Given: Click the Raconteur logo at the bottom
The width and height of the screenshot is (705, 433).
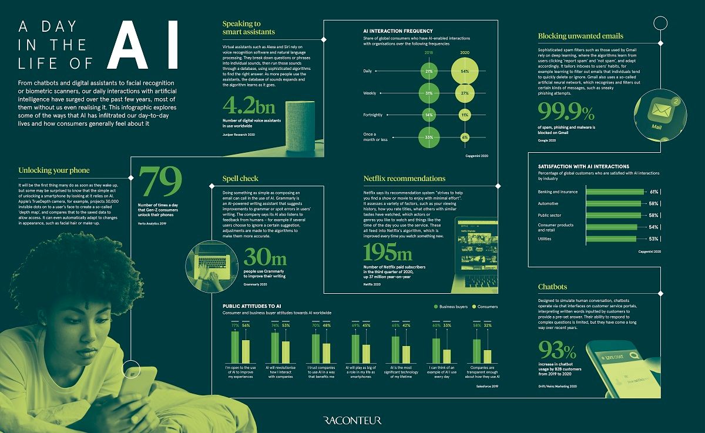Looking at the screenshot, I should click(x=352, y=420).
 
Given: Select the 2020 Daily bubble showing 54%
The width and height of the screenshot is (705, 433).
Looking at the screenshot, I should click(x=464, y=71).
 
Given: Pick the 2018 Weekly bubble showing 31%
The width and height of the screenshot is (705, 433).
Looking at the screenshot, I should click(x=429, y=93).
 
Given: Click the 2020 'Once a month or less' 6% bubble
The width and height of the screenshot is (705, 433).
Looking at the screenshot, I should click(x=464, y=137).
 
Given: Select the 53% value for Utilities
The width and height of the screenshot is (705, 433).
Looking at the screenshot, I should click(x=653, y=239).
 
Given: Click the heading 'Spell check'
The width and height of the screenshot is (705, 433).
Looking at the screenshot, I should click(x=240, y=178).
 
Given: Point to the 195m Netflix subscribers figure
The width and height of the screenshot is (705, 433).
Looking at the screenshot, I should click(x=388, y=253).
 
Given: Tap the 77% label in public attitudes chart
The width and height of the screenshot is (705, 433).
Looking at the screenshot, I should click(x=235, y=325).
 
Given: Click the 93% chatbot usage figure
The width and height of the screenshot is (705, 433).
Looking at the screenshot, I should click(x=558, y=351).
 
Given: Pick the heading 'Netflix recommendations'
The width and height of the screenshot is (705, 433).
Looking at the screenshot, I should click(x=404, y=178).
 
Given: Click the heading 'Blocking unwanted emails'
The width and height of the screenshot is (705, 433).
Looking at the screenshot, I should click(x=580, y=36).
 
